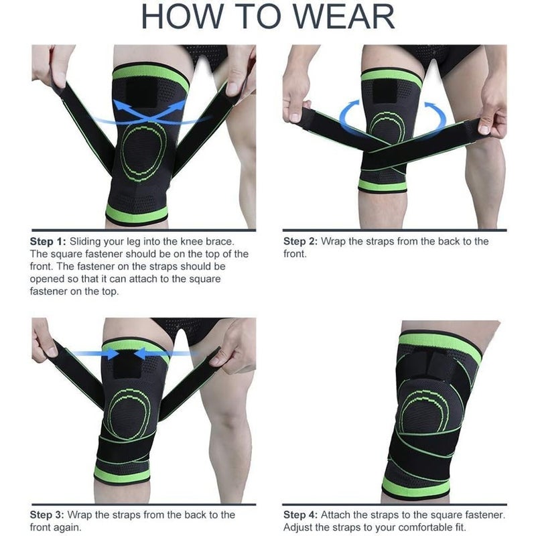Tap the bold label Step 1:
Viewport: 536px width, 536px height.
pos(48,241)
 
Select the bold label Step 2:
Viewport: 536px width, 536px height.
pos(300,241)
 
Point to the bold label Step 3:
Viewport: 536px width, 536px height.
pos(47,515)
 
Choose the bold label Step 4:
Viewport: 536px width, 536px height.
pos(300,515)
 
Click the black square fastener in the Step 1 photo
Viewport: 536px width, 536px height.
pos(141,92)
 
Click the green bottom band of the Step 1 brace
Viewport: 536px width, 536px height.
pos(137,214)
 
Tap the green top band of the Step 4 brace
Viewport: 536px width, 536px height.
pos(441,346)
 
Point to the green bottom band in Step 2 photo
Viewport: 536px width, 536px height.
pos(382,186)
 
